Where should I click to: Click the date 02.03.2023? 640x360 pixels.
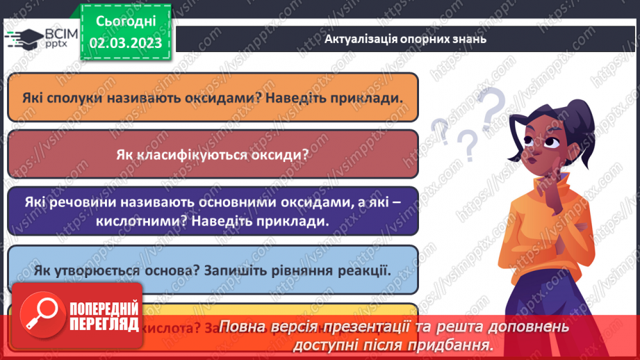tap(125, 43)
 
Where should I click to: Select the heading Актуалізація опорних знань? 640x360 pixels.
tap(405, 39)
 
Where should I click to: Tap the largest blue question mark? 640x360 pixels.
tap(492, 108)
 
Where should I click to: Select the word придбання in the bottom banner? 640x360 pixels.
tap(459, 344)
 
